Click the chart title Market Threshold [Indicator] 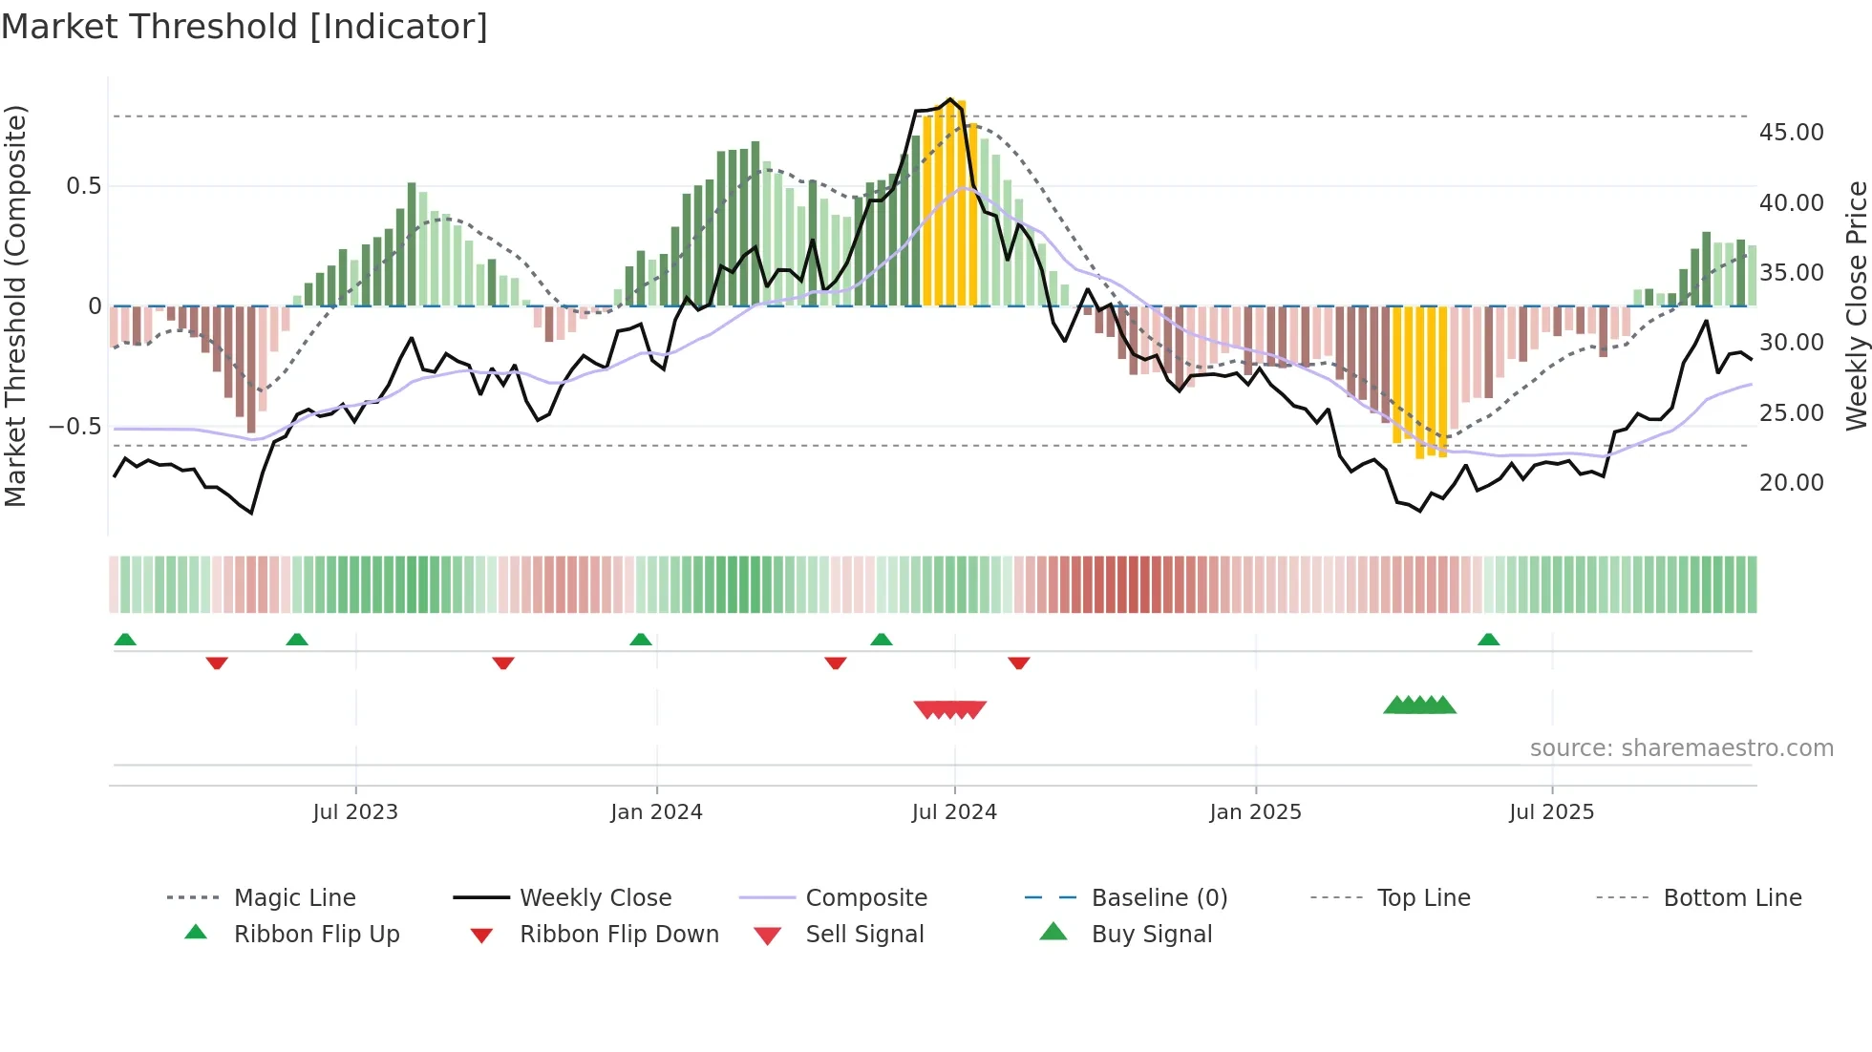coord(245,27)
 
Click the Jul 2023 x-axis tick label coord(355,812)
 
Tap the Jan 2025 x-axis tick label coord(1255,812)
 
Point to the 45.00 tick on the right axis coord(1791,133)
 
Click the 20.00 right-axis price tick coord(1791,483)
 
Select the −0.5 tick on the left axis coord(75,427)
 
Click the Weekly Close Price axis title coord(1856,305)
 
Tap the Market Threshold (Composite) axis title coord(15,305)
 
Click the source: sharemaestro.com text coord(1681,748)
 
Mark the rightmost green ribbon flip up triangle coord(1488,640)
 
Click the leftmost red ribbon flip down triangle coord(217,663)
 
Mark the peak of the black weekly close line coord(949,99)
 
